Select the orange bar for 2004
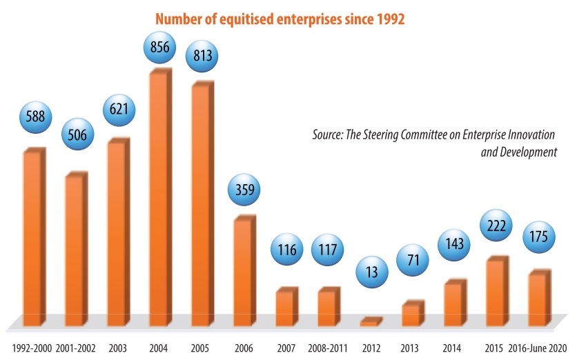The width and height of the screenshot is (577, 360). (159, 200)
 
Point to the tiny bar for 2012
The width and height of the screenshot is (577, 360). (370, 322)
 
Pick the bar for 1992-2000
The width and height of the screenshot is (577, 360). (32, 238)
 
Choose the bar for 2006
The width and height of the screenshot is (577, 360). (242, 272)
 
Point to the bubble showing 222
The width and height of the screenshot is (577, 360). (498, 226)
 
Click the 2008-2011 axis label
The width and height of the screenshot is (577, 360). (326, 347)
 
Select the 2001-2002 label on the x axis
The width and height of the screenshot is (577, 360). (75, 347)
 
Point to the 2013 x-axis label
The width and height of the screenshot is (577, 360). (411, 347)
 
